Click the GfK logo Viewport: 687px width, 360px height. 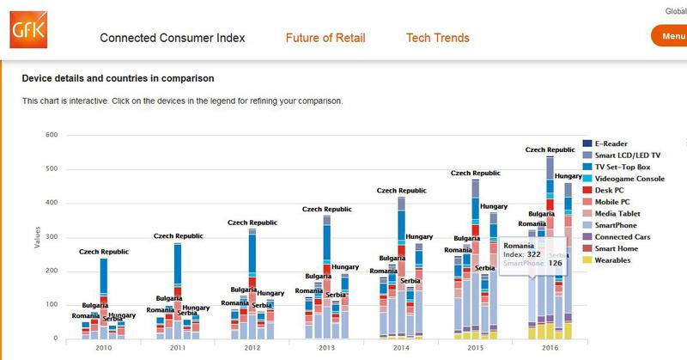coord(23,33)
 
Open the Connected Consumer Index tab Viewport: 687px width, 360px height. coord(172,38)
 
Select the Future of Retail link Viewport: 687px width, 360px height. coord(325,38)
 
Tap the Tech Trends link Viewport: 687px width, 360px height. coord(437,38)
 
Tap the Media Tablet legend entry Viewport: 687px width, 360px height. coord(617,213)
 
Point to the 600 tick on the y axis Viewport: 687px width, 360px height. coord(50,135)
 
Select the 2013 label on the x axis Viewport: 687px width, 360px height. coord(326,350)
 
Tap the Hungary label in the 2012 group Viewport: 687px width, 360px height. coord(271,294)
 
